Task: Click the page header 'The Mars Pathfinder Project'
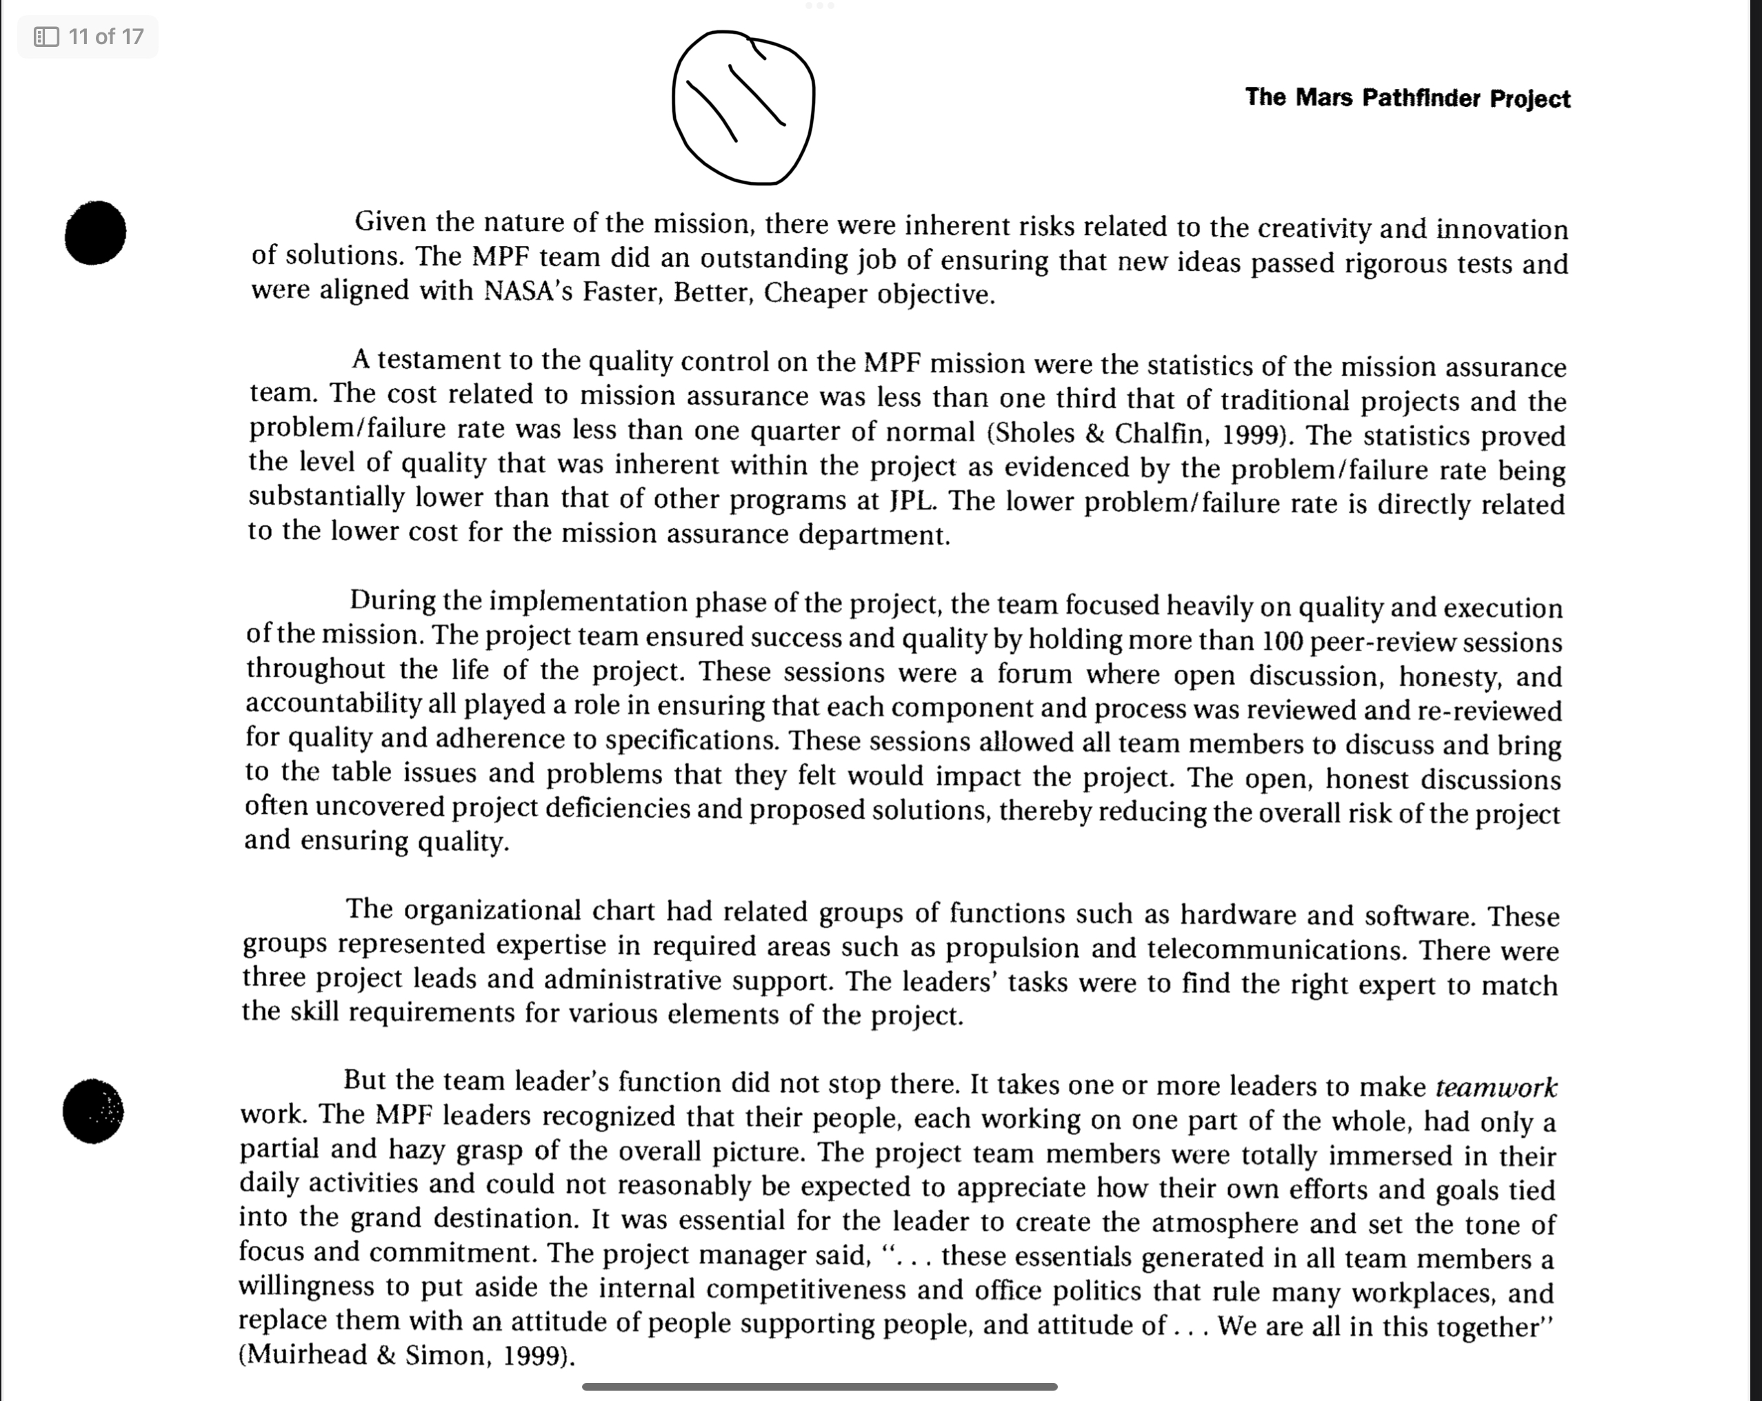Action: click(x=1408, y=98)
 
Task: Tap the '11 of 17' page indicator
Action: click(x=88, y=37)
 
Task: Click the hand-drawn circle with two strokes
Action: click(x=743, y=108)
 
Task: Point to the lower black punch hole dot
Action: click(x=93, y=1111)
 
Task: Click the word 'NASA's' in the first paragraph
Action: click(x=528, y=291)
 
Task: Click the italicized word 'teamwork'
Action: click(x=1496, y=1087)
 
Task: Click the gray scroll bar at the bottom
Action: click(x=820, y=1387)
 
